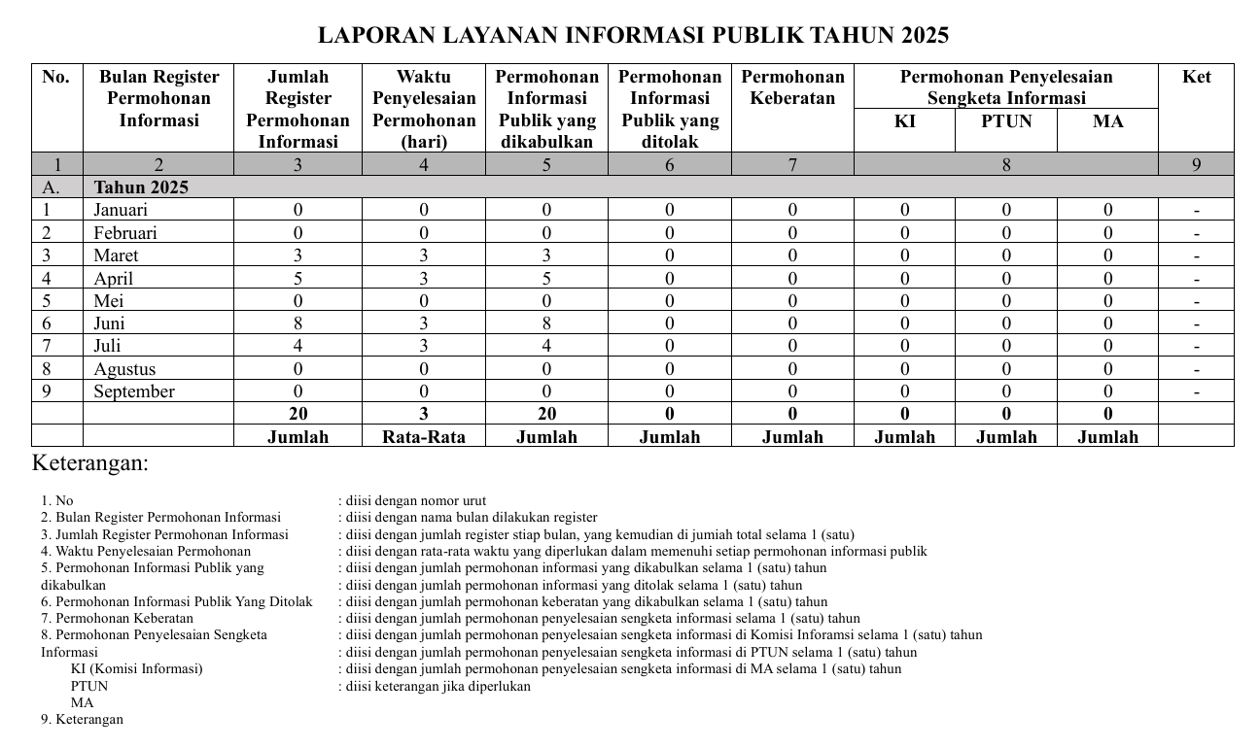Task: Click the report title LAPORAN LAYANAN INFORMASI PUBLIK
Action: [633, 36]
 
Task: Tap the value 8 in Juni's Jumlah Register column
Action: [297, 323]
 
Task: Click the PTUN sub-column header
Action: [1006, 121]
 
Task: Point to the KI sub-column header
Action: [904, 121]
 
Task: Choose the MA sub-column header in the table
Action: [1107, 121]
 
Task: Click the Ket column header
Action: [1196, 77]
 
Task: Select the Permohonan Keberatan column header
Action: [792, 87]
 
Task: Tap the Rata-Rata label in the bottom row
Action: [423, 437]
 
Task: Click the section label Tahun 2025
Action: [141, 187]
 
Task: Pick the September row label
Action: [134, 391]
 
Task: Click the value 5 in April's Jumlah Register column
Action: [297, 279]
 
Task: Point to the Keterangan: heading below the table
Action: [90, 462]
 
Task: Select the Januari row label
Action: [122, 210]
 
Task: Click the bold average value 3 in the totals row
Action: [423, 415]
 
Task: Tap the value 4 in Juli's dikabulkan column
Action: [546, 346]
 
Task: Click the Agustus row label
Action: [124, 369]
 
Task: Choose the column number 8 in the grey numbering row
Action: [1006, 165]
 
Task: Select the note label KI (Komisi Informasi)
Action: [136, 668]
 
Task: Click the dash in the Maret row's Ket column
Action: [1196, 256]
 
